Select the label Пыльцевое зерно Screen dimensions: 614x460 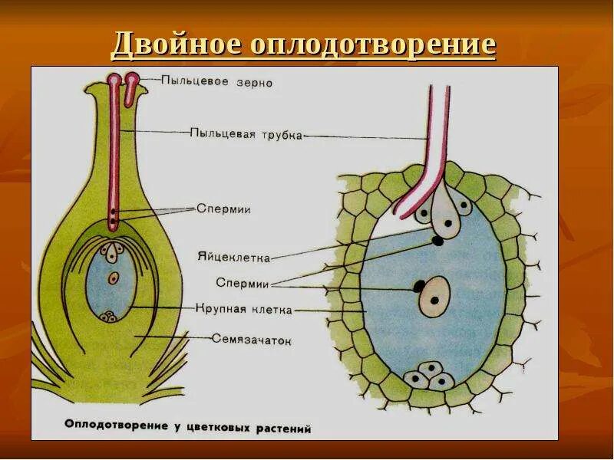[x=217, y=81]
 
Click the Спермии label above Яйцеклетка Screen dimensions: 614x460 [x=223, y=209]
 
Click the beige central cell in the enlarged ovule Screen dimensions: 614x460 [x=434, y=296]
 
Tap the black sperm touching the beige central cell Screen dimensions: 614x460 [x=418, y=287]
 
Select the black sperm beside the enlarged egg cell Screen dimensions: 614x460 [x=437, y=241]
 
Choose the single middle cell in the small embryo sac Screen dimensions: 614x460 [x=114, y=278]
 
